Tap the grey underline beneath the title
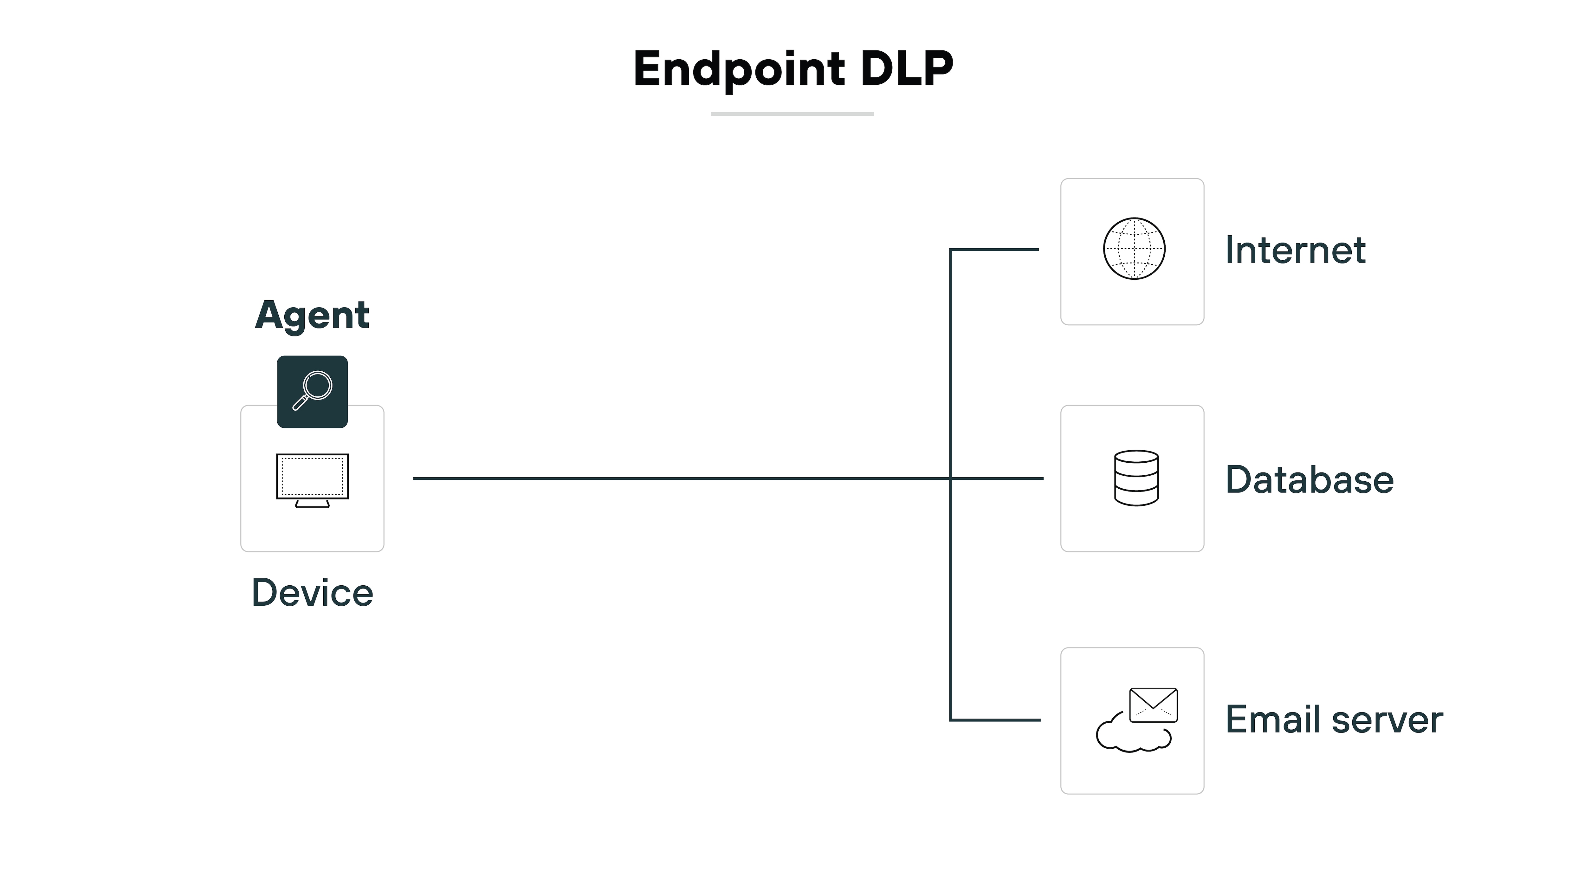(x=792, y=114)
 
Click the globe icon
(x=1134, y=249)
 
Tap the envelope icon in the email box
(x=1153, y=705)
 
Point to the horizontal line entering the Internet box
(x=995, y=249)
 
